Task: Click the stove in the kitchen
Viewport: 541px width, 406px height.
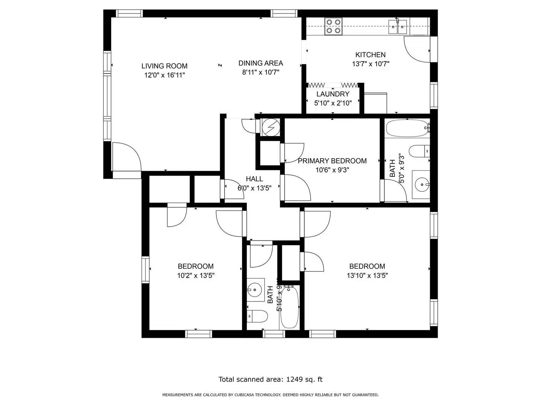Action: (333, 26)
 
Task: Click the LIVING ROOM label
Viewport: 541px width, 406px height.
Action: (164, 66)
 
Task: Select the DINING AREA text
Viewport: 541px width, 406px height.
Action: (261, 63)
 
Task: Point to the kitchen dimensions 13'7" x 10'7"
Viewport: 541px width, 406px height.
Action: (370, 64)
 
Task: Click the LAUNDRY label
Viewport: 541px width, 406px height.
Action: (333, 94)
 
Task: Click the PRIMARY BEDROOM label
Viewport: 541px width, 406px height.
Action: (332, 161)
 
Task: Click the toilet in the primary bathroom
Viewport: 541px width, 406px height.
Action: (419, 151)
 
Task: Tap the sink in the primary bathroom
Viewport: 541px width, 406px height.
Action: (422, 184)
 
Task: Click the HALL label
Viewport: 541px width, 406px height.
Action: (254, 179)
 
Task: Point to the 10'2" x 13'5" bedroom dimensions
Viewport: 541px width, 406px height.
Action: (196, 276)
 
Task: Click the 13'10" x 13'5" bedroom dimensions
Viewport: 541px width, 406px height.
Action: (367, 276)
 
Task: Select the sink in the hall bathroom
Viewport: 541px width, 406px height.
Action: (255, 289)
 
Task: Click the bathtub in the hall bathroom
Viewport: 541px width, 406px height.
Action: (289, 307)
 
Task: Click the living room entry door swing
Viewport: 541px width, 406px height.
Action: (127, 157)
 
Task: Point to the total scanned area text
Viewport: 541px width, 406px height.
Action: (270, 379)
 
